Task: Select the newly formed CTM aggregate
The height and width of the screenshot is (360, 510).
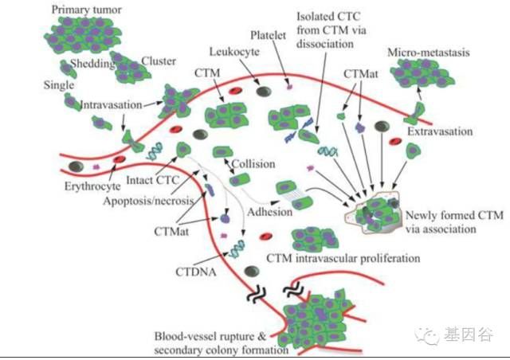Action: (375, 213)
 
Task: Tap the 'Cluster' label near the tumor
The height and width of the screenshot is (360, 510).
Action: (158, 61)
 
